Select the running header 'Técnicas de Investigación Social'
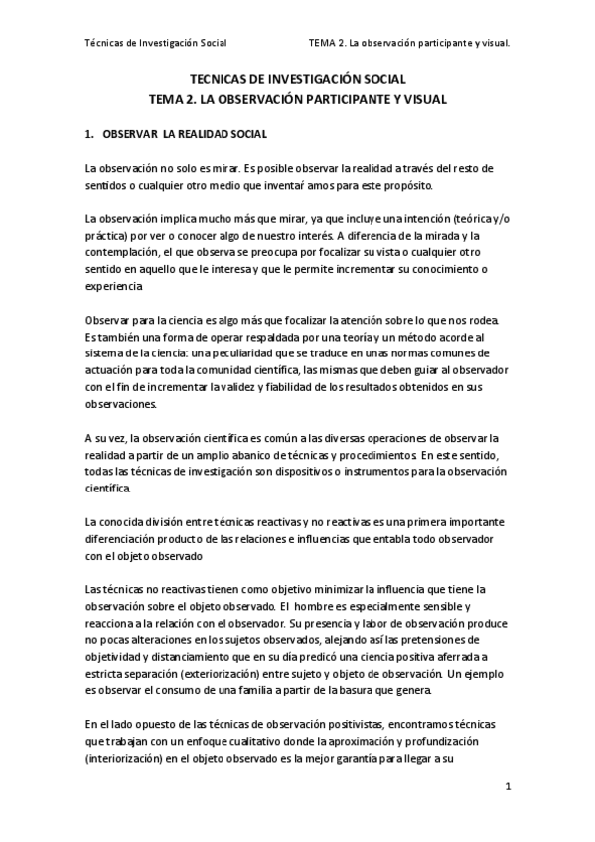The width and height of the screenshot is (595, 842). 157,43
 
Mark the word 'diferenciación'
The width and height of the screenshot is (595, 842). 123,538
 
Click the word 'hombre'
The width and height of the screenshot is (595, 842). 312,606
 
